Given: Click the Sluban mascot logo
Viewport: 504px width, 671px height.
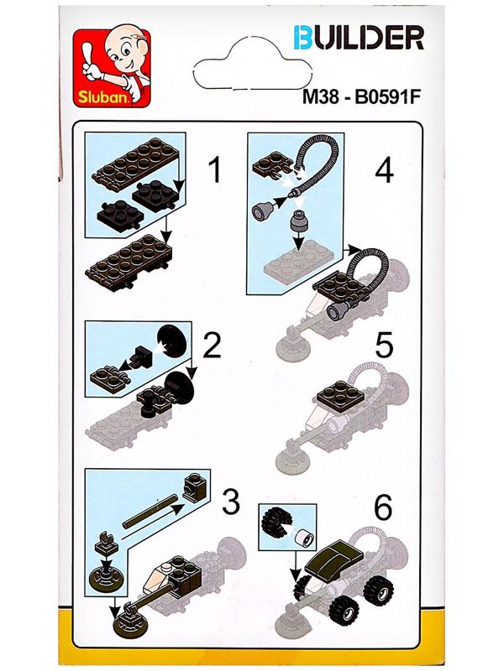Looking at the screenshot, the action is tap(112, 68).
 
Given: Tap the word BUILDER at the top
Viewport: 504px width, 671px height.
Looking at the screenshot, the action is tap(359, 38).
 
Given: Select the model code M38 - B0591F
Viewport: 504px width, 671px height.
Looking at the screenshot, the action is tap(360, 96).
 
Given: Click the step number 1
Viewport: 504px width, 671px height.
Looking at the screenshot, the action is tap(214, 170).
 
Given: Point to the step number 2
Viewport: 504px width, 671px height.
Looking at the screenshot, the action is tap(212, 346).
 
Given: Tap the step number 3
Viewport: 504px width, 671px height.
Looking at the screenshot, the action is tap(230, 502).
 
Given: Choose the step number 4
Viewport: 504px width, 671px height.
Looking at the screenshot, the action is tap(385, 170).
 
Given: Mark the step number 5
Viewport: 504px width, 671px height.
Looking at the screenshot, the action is tap(384, 346).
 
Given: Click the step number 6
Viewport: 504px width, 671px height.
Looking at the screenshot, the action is tap(383, 507).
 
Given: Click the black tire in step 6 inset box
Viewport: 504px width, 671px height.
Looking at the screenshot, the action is tap(276, 520).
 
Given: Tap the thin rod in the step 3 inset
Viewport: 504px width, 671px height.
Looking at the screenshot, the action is tap(150, 512).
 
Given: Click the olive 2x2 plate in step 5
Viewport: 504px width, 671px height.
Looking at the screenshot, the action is tap(342, 396).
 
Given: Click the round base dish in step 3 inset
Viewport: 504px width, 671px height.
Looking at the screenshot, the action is tap(108, 578).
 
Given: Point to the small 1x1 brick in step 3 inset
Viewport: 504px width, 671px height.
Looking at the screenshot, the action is tap(196, 487).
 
